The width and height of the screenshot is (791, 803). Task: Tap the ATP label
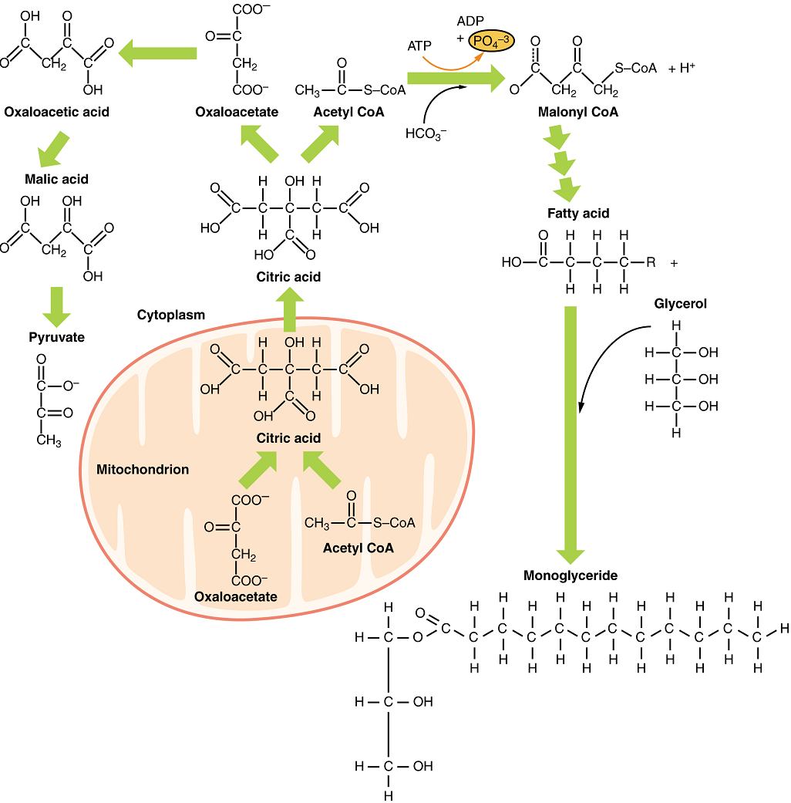419,46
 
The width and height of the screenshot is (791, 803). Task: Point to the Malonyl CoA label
578,113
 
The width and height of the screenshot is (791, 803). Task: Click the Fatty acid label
578,213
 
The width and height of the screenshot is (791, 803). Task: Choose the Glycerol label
680,304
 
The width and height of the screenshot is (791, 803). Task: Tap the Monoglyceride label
571,575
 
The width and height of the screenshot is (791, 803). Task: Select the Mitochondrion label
143,469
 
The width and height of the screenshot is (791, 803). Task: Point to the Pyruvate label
56,337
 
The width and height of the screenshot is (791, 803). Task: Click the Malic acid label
56,179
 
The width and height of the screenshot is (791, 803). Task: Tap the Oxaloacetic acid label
56,112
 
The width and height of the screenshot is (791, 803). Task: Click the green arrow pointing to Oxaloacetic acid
157,52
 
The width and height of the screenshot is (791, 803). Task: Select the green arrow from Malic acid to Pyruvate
56,305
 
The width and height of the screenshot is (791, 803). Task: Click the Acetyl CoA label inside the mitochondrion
358,548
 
